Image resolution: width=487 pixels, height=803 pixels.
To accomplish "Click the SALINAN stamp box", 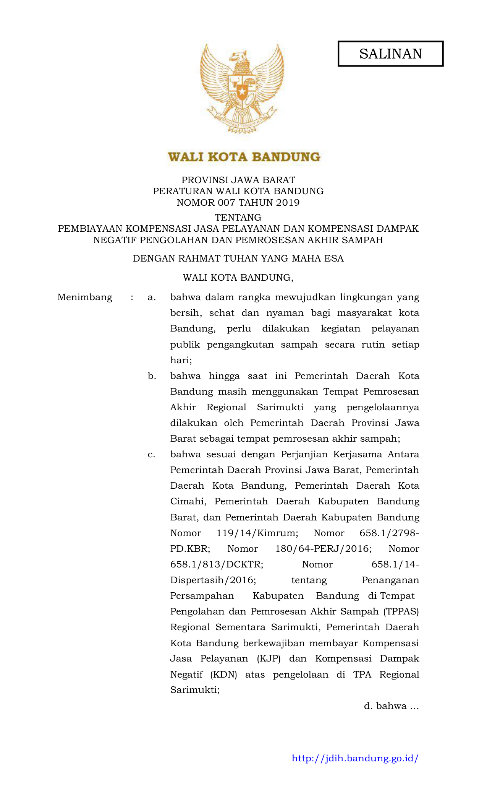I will (x=390, y=54).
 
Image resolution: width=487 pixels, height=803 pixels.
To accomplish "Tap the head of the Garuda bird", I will (x=238, y=56).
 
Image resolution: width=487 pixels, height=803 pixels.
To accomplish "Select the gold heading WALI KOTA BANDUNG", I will (x=244, y=157).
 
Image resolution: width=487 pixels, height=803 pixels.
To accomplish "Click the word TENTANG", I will (x=238, y=218).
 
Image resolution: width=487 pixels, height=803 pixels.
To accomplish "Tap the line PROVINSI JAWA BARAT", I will (x=238, y=180).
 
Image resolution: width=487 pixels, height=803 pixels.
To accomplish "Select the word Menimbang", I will (x=85, y=297).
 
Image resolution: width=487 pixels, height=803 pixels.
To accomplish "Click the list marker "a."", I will (x=152, y=297).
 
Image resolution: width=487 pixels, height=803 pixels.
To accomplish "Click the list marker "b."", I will (x=152, y=376).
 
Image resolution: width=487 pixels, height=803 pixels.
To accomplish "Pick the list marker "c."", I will (x=152, y=455).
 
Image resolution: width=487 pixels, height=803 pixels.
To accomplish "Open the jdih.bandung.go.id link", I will (x=355, y=758).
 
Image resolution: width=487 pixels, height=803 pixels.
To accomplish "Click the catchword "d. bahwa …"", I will (x=391, y=706).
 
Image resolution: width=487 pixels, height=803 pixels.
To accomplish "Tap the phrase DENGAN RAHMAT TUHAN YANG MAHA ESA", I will (x=238, y=259).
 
